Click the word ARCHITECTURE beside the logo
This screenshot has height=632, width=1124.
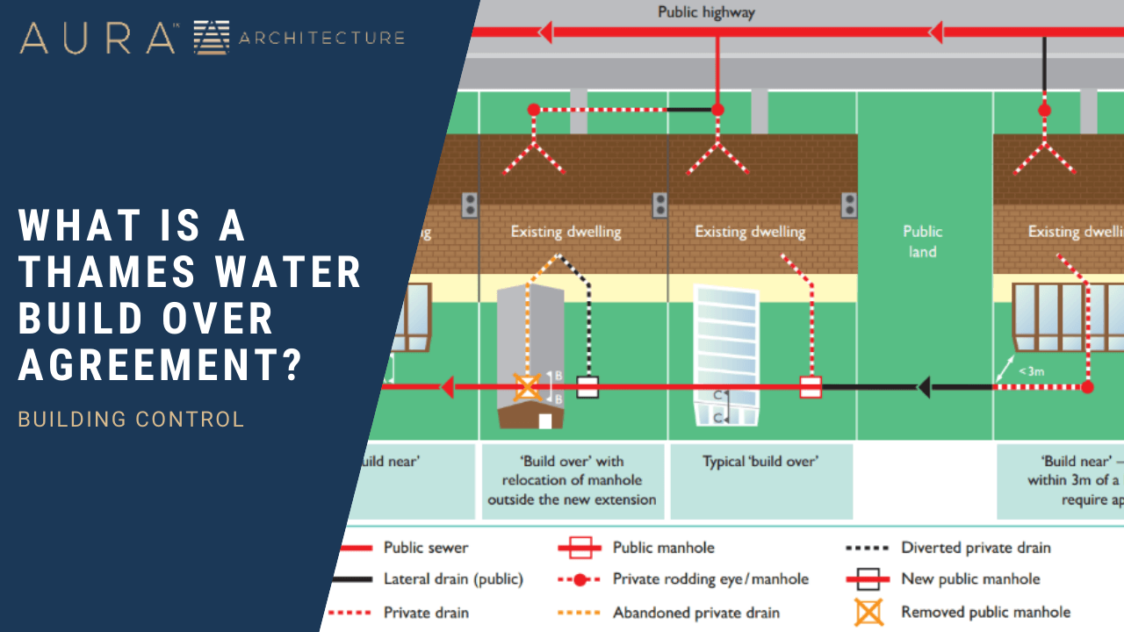321,38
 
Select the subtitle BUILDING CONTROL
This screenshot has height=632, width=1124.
131,420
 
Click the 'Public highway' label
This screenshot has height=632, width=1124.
706,12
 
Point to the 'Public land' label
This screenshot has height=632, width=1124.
922,241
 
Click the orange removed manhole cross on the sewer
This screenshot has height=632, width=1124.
527,386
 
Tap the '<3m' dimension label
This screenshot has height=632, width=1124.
1031,371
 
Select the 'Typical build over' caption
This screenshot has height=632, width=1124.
760,461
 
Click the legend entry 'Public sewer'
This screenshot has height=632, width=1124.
426,548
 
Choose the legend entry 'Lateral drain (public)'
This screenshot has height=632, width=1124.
453,579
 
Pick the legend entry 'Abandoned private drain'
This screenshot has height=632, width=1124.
696,613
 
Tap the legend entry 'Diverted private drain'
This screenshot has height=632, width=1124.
976,548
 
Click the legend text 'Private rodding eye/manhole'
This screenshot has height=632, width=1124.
710,579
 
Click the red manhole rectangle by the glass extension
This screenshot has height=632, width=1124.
811,387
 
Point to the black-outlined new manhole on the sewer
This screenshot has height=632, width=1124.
587,387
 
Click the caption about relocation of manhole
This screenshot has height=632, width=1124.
572,480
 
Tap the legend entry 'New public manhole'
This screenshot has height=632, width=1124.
970,579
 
